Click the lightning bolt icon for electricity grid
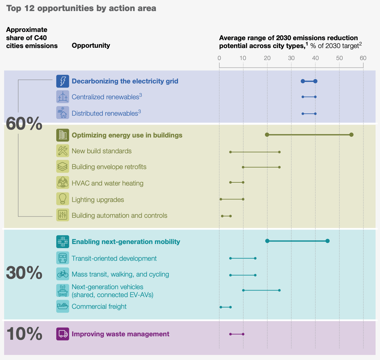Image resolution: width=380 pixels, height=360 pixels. coord(63,81)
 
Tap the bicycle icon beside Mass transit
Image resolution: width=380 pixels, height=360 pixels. coord(63,274)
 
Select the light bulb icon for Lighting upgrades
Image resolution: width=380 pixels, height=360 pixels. coord(63,199)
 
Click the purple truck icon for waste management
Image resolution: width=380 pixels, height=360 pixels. coord(63,334)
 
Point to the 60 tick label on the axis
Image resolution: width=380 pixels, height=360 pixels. coord(363,58)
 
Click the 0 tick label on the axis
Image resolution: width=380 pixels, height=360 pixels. coord(219,58)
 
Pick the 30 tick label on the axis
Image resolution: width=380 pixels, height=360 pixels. coord(291,58)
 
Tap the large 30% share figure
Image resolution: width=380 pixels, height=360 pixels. coord(24,272)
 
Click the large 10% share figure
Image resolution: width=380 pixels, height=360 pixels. coord(24,333)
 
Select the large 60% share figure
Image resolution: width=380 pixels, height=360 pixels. coord(24,124)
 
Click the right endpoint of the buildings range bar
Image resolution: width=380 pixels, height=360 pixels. coord(351,135)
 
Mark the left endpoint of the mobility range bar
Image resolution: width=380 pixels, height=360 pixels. coord(267,241)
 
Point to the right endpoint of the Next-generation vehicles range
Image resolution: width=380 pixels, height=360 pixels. coord(279,290)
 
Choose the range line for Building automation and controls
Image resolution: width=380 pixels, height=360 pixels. coord(226,216)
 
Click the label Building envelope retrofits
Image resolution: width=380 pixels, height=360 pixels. coord(109,167)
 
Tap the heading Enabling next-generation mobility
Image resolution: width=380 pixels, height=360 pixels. coord(126,242)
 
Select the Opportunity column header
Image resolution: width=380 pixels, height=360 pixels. coord(91,46)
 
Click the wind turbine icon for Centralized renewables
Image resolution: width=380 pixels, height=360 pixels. coord(63,97)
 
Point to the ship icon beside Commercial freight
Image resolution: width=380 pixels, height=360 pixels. coord(63,306)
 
